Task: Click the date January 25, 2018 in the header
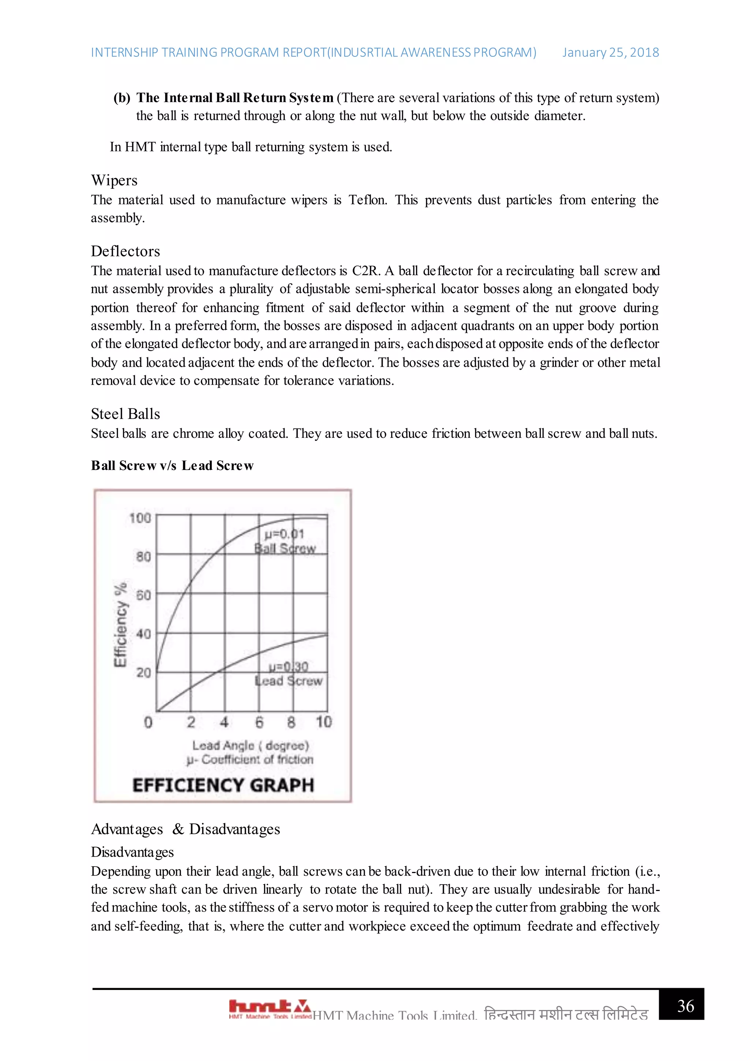click(x=610, y=53)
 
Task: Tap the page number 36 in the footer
click(x=685, y=1006)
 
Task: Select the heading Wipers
click(x=114, y=180)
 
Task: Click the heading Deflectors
click(x=125, y=251)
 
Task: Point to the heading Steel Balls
click(x=125, y=414)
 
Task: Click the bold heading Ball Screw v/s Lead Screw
click(x=172, y=465)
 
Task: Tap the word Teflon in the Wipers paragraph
click(x=367, y=200)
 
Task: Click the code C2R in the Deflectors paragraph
click(x=366, y=271)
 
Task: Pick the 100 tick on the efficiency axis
click(x=140, y=518)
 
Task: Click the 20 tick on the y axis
click(x=143, y=672)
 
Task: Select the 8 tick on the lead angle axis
click(x=291, y=722)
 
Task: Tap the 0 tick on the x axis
click(x=148, y=722)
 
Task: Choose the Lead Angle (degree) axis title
click(x=250, y=746)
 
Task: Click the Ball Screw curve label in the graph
click(x=285, y=548)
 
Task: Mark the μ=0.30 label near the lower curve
click(x=288, y=666)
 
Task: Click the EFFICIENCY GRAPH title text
click(x=223, y=785)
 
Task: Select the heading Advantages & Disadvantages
click(x=185, y=829)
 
